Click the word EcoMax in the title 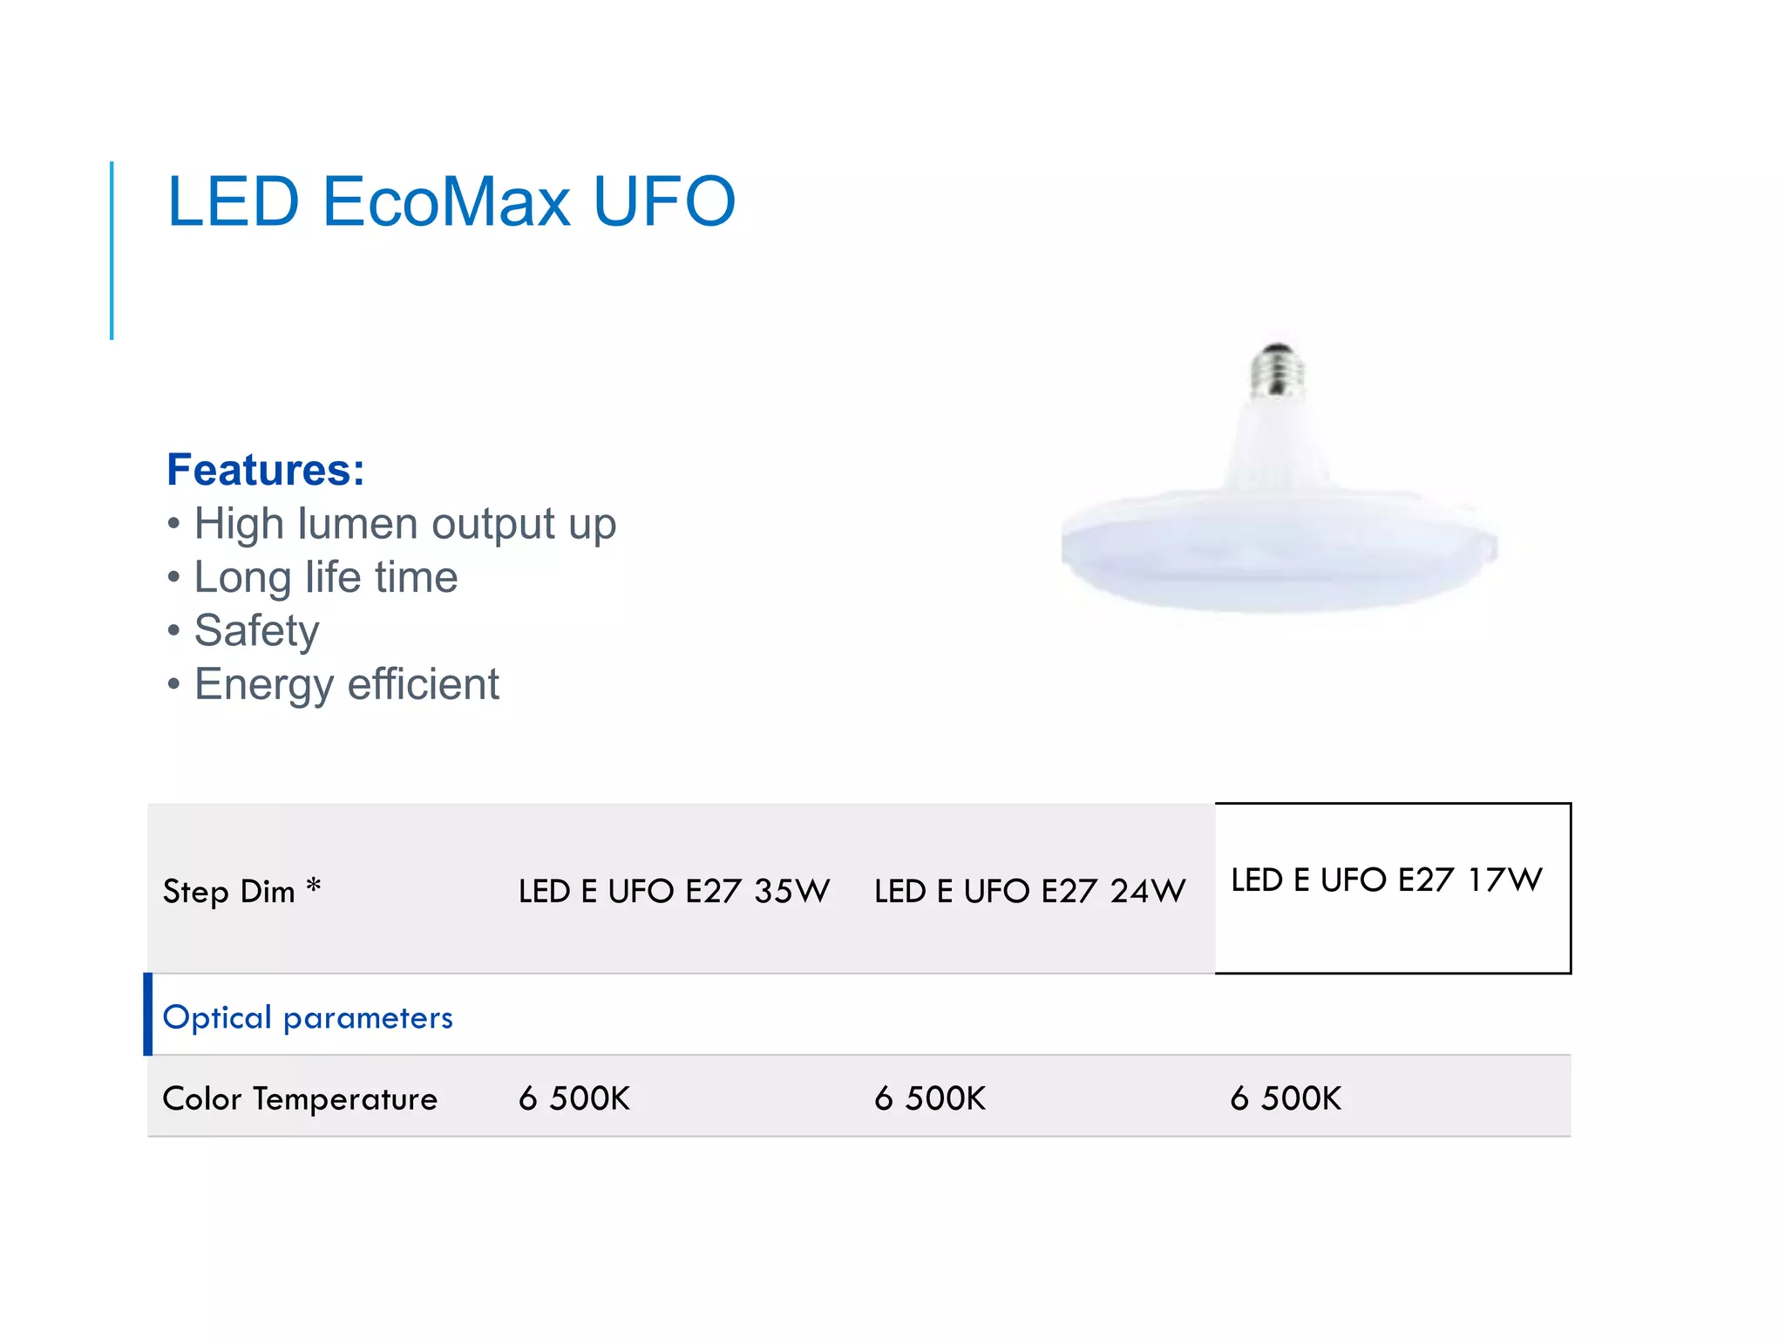446,202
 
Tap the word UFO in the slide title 664,202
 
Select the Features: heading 266,470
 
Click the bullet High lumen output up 404,524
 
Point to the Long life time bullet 325,577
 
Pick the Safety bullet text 256,630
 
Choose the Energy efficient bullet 346,684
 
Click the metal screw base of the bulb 1278,370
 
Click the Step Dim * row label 228,892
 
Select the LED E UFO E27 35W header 674,891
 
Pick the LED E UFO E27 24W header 1029,891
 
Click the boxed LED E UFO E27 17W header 1386,880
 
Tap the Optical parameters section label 308,1017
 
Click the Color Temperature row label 300,1098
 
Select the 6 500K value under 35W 574,1098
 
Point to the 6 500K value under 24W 930,1098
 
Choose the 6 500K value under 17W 1286,1098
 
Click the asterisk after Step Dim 314,887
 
